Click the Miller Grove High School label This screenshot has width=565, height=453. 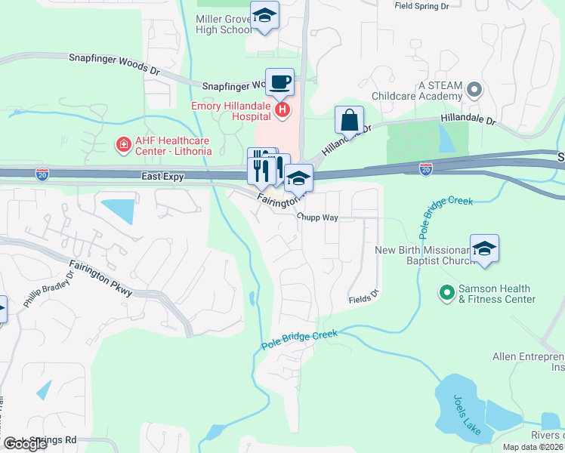point(224,24)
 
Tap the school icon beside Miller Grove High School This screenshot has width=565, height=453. point(264,16)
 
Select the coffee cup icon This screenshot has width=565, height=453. point(279,82)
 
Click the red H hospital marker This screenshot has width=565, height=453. point(282,111)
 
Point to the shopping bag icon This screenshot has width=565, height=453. point(349,120)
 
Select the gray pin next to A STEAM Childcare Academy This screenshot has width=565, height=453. point(474,91)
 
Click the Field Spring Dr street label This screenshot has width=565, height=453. point(421,6)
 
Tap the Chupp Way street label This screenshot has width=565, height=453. point(316,217)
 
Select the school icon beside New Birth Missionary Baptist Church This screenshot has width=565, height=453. point(483,249)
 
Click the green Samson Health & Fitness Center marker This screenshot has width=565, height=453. point(446,291)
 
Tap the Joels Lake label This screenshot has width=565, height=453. point(467,414)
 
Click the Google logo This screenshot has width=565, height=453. point(26,444)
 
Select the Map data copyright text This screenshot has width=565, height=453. point(533,447)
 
